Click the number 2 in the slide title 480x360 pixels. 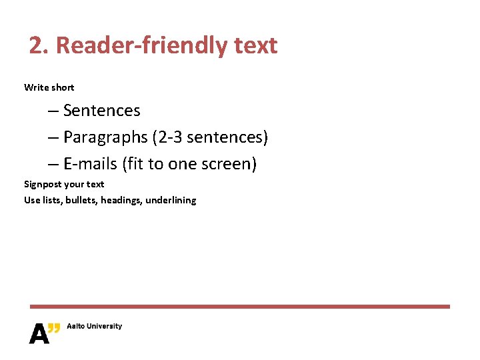[x=37, y=45]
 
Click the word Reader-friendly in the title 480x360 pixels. [x=141, y=45]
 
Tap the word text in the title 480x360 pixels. [x=255, y=45]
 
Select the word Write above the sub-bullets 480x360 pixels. [x=36, y=87]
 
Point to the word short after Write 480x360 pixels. [x=63, y=87]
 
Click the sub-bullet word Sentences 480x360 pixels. [x=101, y=110]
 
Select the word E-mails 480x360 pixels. [x=90, y=164]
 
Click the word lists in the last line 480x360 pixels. [x=52, y=200]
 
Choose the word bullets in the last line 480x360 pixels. [x=82, y=200]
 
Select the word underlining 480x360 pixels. [x=171, y=200]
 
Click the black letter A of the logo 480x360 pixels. [x=39, y=333]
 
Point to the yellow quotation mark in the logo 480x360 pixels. [x=55, y=327]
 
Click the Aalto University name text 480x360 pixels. [x=94, y=326]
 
